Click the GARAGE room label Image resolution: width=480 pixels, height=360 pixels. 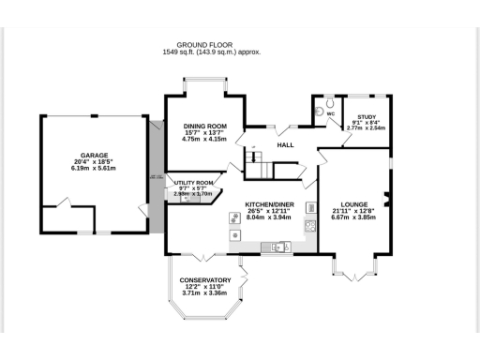[x=93, y=155]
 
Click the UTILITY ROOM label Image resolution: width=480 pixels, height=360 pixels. [x=193, y=183]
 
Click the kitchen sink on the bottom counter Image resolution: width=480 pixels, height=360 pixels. [x=277, y=247]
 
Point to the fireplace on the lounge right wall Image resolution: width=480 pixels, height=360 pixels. [x=387, y=199]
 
